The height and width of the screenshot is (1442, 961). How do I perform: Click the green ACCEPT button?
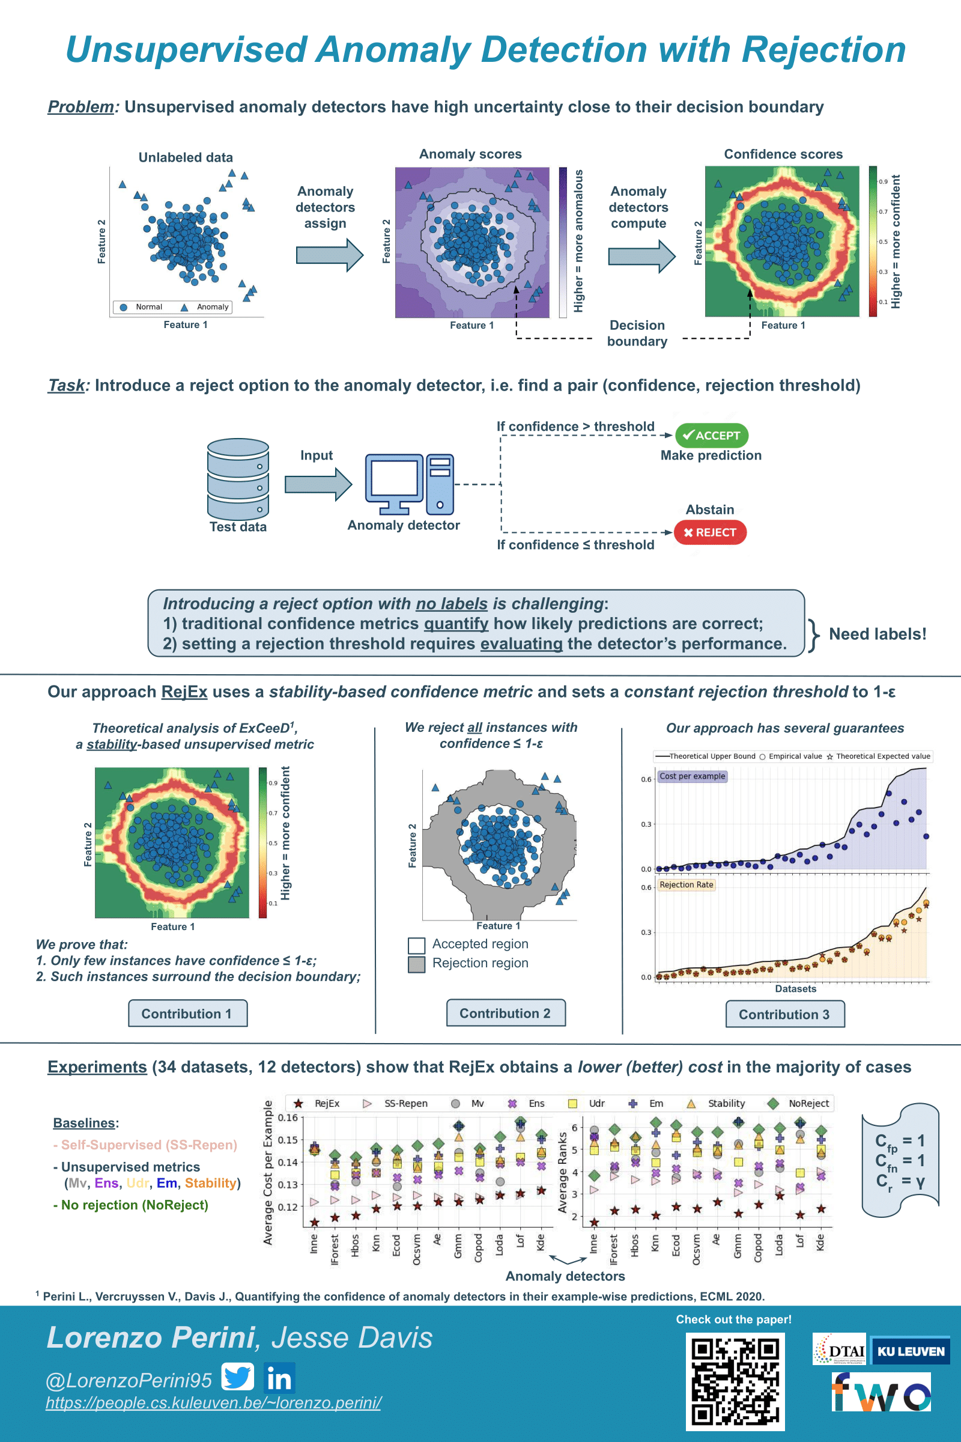(x=711, y=435)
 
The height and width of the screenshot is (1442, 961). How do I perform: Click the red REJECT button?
(x=710, y=532)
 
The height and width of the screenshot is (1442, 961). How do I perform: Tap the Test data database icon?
(x=238, y=479)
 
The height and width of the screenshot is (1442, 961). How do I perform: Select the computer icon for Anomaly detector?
(x=409, y=484)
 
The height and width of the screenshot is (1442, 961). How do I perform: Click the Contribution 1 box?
(x=187, y=1014)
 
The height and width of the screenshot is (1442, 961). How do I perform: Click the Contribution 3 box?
(x=784, y=1014)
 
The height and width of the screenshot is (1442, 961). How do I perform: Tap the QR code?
(x=735, y=1381)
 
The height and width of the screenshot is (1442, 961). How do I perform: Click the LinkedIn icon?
(x=279, y=1378)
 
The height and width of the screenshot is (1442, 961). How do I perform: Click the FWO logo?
(x=881, y=1391)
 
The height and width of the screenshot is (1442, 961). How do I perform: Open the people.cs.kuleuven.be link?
(x=213, y=1403)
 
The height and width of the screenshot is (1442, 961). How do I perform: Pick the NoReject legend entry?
(x=800, y=1103)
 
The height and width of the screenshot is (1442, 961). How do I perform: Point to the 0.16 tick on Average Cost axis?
(x=288, y=1118)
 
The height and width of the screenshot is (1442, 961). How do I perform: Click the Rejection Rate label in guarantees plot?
(x=686, y=884)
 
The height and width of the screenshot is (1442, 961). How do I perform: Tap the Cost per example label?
(x=692, y=776)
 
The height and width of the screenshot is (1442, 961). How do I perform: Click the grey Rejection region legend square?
(x=417, y=964)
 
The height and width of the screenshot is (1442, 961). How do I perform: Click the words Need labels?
(x=877, y=634)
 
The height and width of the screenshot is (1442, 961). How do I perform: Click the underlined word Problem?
(x=81, y=107)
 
